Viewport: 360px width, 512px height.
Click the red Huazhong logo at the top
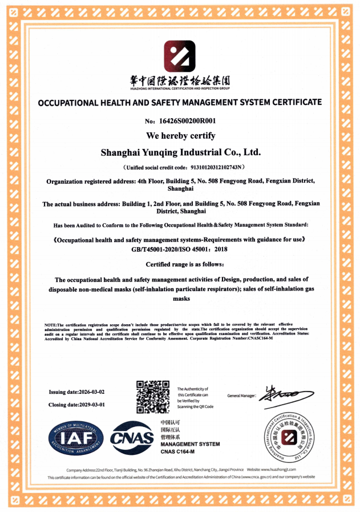[180, 56]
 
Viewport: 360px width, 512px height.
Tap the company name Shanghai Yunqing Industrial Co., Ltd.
[180, 152]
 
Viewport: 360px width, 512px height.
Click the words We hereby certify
[180, 136]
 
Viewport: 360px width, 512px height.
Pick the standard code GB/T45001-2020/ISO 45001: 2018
[180, 250]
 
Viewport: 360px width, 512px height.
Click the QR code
[153, 397]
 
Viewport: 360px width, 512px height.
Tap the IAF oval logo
[76, 438]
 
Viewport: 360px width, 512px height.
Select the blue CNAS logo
[132, 438]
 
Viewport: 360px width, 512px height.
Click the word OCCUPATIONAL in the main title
[64, 103]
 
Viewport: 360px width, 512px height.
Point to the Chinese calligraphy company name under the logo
[180, 82]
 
